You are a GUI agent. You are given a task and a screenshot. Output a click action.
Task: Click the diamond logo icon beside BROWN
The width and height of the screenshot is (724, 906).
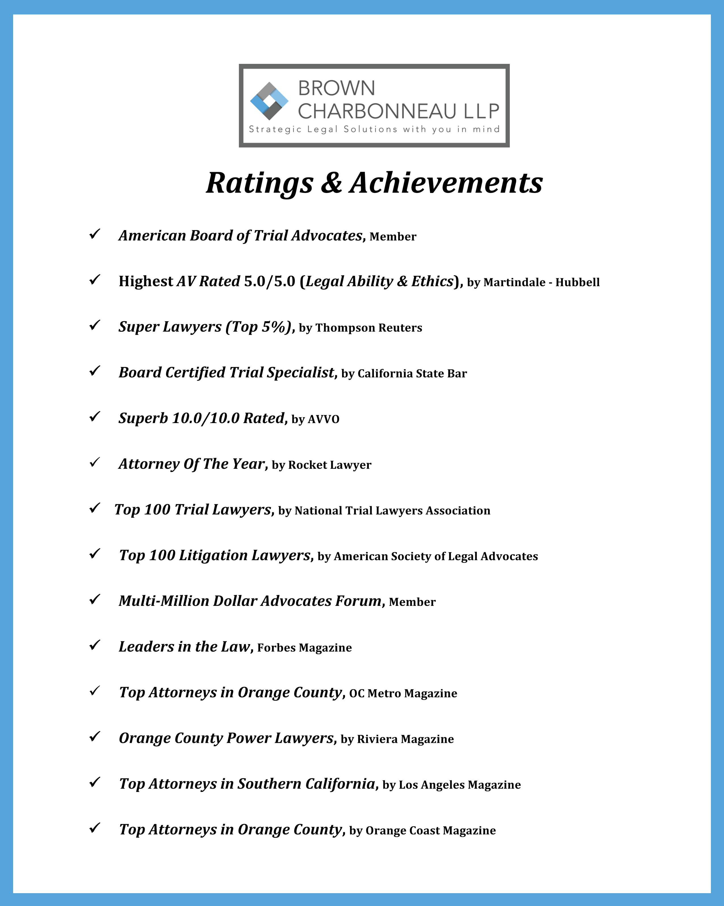[269, 101]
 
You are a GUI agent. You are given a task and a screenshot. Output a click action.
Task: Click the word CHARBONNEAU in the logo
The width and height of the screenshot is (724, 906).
[377, 111]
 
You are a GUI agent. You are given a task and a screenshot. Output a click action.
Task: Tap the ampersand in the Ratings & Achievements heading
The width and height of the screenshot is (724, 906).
[332, 184]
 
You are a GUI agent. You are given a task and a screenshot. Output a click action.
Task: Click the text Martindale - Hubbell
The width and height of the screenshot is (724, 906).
[541, 282]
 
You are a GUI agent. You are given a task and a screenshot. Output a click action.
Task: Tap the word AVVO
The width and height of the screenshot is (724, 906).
[323, 419]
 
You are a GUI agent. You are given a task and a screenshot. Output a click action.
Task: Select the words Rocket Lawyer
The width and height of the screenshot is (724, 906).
[330, 465]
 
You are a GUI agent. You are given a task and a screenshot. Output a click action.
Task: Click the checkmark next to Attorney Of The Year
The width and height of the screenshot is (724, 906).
[95, 462]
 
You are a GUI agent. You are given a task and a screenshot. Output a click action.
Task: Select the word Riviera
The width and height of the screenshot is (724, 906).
[375, 739]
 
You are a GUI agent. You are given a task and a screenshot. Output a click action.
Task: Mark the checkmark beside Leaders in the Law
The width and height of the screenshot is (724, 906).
[95, 645]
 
